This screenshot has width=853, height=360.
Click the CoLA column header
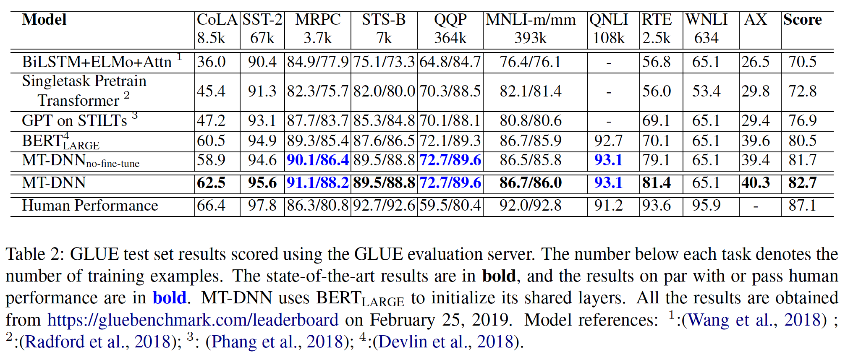click(217, 20)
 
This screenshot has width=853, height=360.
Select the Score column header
click(802, 20)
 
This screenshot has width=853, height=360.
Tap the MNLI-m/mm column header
click(531, 20)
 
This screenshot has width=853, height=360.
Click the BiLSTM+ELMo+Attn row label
click(97, 62)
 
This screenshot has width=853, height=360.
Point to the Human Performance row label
click(90, 205)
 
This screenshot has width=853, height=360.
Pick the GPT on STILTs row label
click(74, 121)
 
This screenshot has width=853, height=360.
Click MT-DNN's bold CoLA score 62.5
click(211, 183)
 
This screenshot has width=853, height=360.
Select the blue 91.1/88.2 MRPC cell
click(318, 183)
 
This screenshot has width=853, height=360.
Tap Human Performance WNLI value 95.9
click(706, 205)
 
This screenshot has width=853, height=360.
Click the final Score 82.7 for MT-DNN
click(802, 183)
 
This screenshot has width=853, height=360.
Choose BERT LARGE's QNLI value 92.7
click(608, 141)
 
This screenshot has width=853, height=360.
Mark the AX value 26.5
click(755, 62)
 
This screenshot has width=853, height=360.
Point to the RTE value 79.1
click(657, 160)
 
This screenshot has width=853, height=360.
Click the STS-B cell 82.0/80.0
click(384, 91)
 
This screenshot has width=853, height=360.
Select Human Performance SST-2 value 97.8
click(262, 205)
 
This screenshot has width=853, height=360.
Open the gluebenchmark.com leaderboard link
click(193, 320)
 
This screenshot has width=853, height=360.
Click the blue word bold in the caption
click(169, 297)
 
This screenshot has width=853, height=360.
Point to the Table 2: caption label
click(34, 254)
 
